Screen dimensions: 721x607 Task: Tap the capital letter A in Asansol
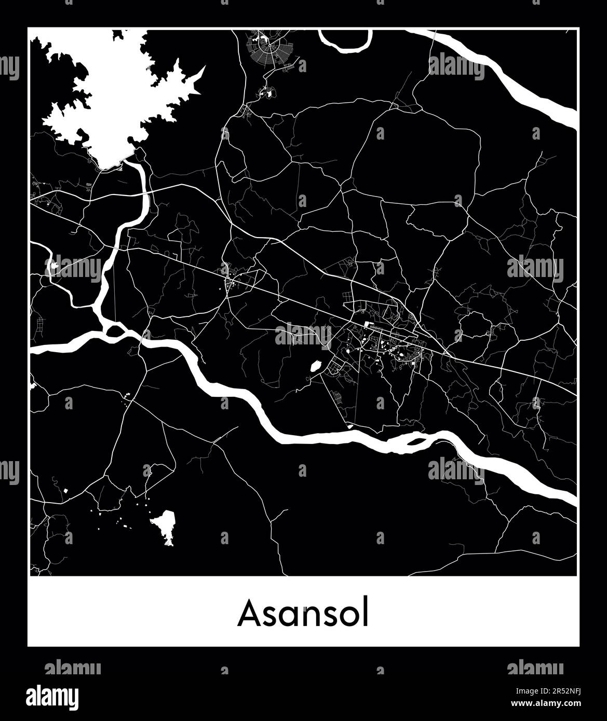pyautogui.click(x=248, y=614)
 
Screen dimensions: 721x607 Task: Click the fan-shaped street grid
pyautogui.click(x=269, y=50)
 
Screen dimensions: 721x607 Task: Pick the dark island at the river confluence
pyautogui.click(x=115, y=330)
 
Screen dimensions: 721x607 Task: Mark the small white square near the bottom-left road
pyautogui.click(x=66, y=490)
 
